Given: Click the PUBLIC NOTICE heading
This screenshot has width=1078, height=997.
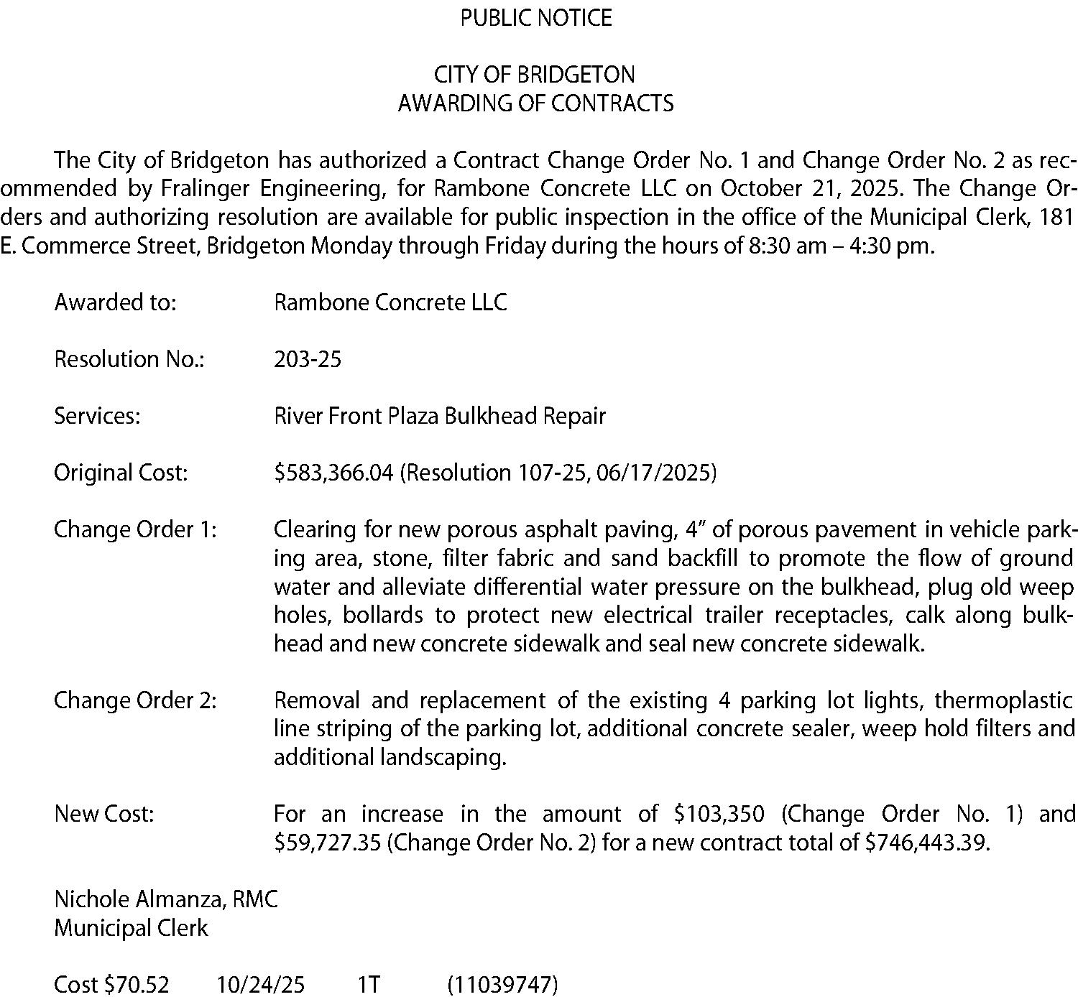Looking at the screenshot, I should [x=536, y=17].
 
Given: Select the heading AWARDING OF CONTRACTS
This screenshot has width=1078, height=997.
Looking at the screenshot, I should [x=536, y=103].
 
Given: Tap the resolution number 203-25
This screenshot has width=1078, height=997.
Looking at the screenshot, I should [x=308, y=358].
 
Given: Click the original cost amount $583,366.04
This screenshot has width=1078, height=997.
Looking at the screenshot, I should [x=333, y=473].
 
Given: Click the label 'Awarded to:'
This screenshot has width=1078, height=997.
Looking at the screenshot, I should [x=115, y=302].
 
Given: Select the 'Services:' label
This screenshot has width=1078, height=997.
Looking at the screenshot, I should [x=97, y=416].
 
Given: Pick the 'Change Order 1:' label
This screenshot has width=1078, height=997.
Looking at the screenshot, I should [x=135, y=529].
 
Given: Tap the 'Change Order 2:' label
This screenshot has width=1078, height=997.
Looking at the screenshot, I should [x=135, y=700].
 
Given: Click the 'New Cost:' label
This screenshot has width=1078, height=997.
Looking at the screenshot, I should [x=104, y=814].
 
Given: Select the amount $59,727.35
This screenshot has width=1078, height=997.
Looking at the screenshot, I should [x=328, y=842].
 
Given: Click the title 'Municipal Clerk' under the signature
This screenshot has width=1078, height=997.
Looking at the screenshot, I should [x=131, y=928].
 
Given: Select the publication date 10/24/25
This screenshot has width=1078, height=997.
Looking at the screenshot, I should [x=261, y=984].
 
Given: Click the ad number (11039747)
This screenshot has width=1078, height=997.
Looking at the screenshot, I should [x=502, y=984].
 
